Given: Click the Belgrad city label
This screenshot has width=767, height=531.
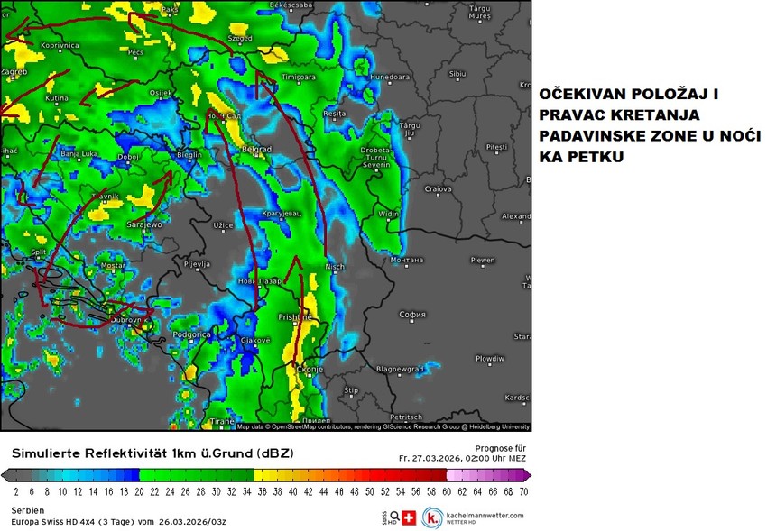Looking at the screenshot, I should click(x=257, y=149).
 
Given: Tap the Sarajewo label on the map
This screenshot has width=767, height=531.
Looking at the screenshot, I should click(x=143, y=223).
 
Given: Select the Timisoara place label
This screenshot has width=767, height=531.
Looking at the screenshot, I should click(x=301, y=78).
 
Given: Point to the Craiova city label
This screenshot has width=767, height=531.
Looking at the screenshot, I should click(x=438, y=189).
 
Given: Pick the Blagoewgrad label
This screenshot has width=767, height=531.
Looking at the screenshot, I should click(x=399, y=368).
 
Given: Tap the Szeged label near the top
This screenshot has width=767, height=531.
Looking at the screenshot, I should click(x=240, y=40).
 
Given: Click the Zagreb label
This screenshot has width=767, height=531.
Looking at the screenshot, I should click(x=15, y=70).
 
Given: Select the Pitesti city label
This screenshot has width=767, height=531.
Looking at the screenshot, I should click(x=496, y=146).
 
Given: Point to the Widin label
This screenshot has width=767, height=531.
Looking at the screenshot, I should click(x=388, y=214).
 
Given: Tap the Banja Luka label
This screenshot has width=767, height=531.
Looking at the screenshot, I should click(x=79, y=154).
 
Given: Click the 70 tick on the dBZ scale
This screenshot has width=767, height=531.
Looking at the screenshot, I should click(x=522, y=492).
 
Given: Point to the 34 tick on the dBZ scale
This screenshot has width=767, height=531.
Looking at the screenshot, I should click(x=246, y=492).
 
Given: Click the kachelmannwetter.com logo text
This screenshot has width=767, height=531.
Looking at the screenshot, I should click(x=485, y=515).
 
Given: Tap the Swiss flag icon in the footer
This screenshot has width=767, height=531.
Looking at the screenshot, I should click(x=409, y=518).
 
